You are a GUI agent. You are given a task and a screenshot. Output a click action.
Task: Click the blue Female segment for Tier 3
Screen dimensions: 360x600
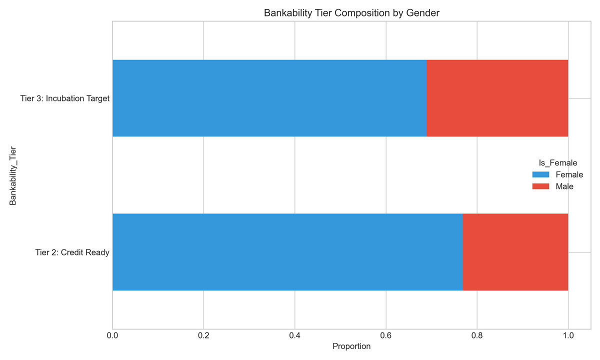(269, 98)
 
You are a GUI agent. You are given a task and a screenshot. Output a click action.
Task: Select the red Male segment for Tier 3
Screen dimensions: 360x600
(497, 98)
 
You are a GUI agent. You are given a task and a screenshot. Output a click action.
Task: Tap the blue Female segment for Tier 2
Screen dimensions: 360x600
(287, 252)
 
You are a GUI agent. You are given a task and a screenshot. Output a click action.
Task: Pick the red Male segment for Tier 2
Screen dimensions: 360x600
(515, 252)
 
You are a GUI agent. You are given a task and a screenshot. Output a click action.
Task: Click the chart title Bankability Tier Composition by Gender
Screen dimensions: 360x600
(351, 13)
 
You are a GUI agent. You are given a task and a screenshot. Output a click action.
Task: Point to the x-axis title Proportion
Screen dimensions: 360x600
(351, 346)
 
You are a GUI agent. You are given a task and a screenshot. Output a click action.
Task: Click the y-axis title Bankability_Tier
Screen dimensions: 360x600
(13, 175)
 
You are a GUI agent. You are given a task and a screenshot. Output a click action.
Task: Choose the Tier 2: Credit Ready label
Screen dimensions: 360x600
(72, 252)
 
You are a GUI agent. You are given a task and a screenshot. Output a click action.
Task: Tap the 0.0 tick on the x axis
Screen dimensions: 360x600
(112, 335)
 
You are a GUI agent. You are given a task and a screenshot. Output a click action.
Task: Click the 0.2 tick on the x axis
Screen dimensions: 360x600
(203, 335)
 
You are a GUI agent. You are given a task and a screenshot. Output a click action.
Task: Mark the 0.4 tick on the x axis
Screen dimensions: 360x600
(294, 335)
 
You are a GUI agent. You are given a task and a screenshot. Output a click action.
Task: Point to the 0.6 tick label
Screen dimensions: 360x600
(385, 335)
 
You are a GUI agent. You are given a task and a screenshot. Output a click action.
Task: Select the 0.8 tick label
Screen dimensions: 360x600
(477, 335)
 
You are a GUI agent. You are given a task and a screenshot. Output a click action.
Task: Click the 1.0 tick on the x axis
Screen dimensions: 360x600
(568, 335)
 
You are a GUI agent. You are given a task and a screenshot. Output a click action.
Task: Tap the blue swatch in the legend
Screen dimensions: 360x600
(540, 174)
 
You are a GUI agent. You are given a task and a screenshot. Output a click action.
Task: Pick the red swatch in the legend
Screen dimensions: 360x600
(540, 186)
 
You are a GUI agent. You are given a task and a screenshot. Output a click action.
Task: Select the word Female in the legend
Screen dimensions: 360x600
(569, 174)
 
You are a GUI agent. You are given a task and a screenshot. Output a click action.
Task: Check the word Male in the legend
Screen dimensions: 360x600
(564, 186)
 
